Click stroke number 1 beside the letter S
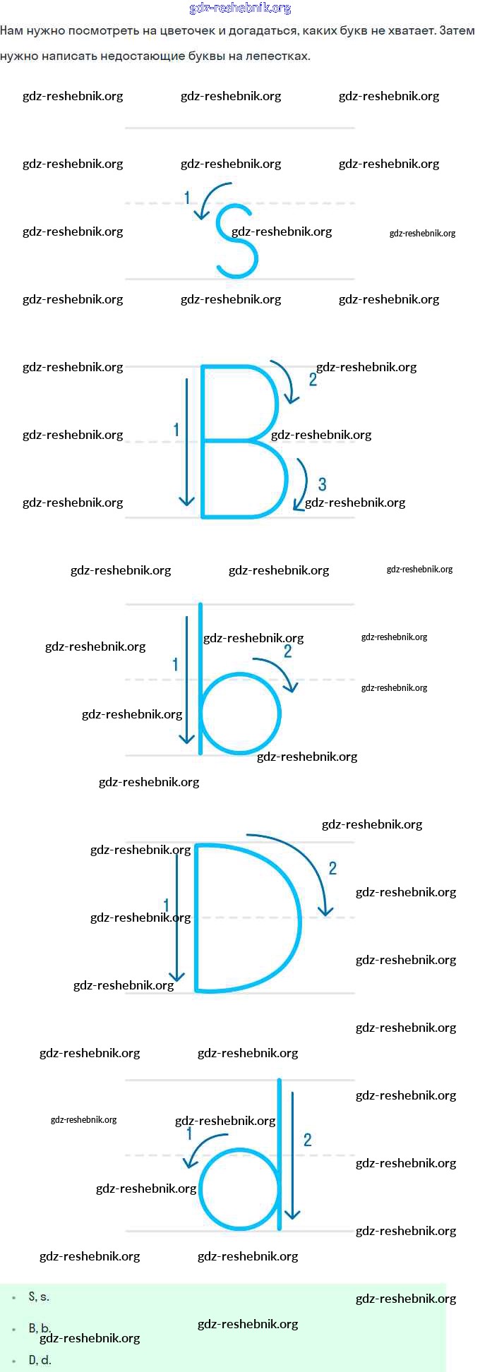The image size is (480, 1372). pos(187,198)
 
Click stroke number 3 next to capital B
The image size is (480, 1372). pos(323,484)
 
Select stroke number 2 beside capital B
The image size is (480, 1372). pos(313,380)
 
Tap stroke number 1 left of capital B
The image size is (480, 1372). pos(176,429)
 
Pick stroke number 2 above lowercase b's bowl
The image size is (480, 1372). pos(287,651)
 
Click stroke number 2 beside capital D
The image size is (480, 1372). pos(332,868)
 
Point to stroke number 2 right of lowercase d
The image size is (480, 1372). pos(307,1139)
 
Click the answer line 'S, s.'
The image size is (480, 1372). pos(39,1296)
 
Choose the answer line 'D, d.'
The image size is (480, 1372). pos(40,1360)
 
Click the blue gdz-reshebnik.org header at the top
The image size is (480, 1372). pos(240,8)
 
